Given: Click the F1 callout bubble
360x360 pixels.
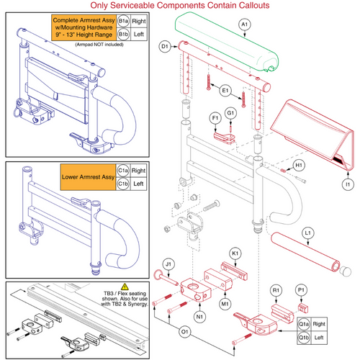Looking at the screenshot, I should point(215,117).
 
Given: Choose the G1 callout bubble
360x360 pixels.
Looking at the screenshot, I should point(231,113).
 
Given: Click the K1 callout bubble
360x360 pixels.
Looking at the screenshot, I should point(234,255).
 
